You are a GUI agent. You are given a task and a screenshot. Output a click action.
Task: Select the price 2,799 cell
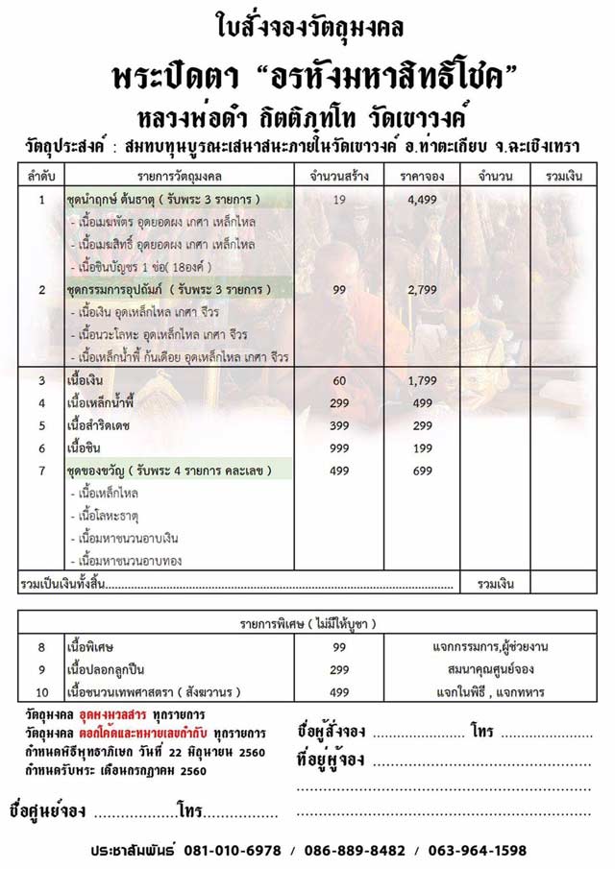click(x=423, y=288)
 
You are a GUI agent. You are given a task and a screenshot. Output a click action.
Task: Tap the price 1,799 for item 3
click(x=423, y=381)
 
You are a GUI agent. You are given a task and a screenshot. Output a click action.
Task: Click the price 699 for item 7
click(x=423, y=471)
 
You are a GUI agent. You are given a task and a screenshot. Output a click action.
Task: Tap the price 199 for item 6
click(x=423, y=447)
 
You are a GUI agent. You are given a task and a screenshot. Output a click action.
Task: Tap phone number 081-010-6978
click(x=227, y=851)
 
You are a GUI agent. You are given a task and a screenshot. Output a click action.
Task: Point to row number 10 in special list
click(x=41, y=691)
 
